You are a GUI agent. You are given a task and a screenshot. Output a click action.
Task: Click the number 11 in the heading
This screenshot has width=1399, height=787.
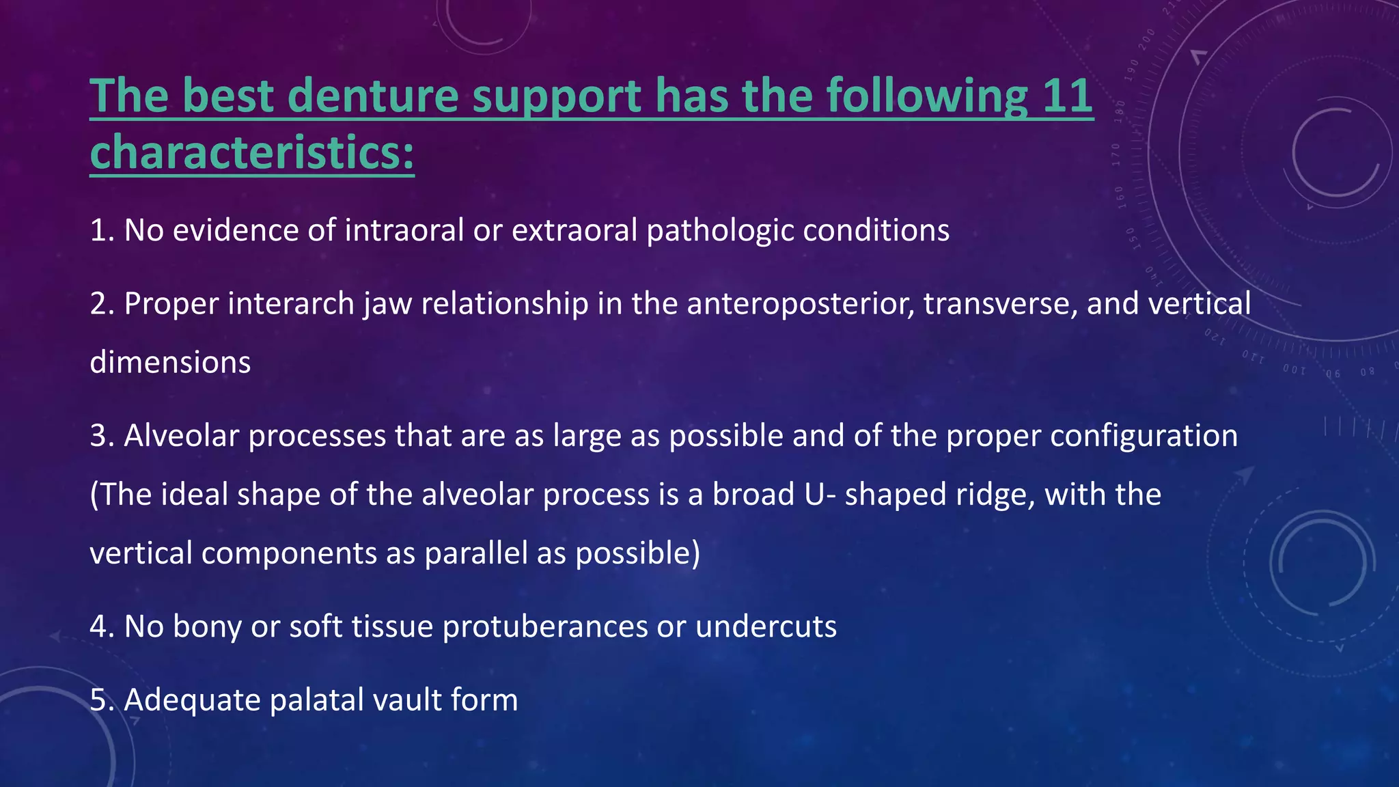click(x=1067, y=96)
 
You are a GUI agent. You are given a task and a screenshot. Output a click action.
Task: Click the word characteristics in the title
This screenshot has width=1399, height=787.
click(x=251, y=152)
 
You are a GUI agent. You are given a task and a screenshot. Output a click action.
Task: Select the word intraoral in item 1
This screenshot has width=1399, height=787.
click(x=404, y=230)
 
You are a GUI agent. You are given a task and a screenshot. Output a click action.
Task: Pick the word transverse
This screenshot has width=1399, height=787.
click(x=1000, y=304)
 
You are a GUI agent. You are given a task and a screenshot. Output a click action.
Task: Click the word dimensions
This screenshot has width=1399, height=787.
click(x=170, y=362)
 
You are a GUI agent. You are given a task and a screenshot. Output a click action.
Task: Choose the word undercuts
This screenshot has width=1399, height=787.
click(x=766, y=626)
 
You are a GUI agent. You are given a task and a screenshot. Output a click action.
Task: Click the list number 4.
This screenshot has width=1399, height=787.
click(x=99, y=626)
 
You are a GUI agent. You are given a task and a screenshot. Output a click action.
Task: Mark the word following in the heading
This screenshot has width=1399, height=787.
click(x=926, y=96)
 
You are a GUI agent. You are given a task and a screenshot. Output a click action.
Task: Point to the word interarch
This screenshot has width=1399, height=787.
click(x=290, y=304)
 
